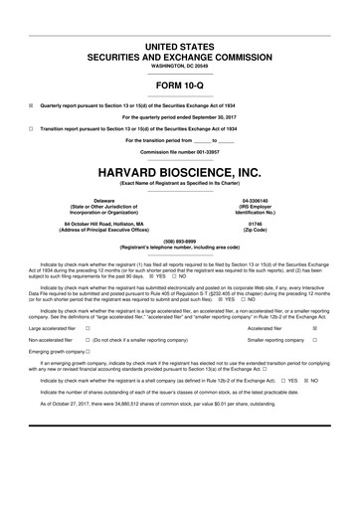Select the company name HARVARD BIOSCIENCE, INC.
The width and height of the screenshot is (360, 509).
180,173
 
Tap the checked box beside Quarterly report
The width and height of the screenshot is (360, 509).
31,103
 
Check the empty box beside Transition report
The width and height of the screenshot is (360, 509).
31,129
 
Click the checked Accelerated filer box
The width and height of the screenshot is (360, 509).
315,328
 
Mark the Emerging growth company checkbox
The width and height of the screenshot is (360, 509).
89,353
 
